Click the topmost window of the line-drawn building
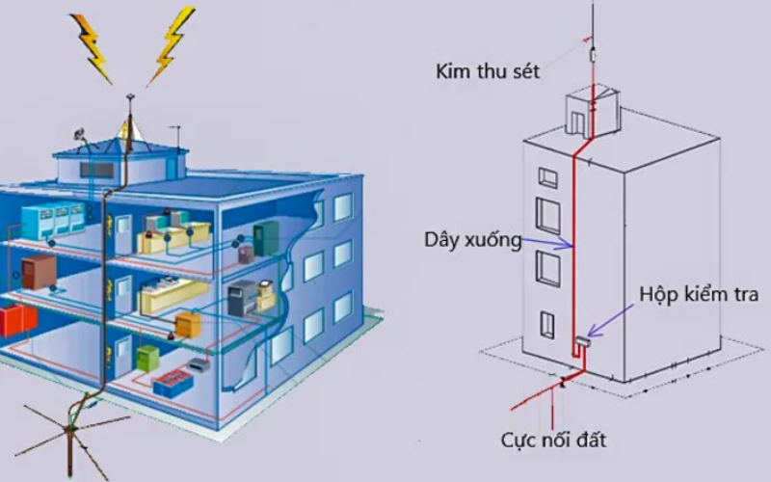click(547, 178)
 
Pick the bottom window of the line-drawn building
click(547, 323)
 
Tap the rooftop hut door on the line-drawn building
click(575, 121)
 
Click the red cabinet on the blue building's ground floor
click(13, 319)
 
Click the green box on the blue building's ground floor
click(146, 358)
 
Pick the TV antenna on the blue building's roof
click(175, 130)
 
